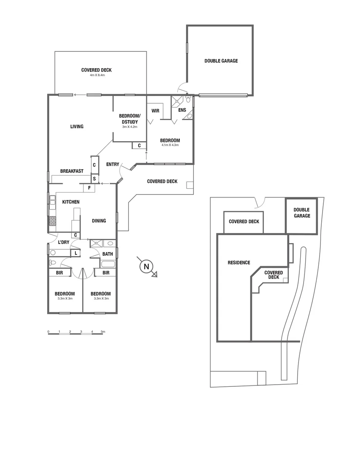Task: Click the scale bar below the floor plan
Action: [76, 334]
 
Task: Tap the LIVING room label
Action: [77, 126]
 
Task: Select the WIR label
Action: [155, 111]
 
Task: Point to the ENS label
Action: [182, 110]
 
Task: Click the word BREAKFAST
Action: [72, 171]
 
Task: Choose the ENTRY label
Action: [112, 164]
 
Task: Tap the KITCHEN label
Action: [71, 202]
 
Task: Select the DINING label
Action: [99, 221]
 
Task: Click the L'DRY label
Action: [64, 242]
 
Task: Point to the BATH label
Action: [107, 254]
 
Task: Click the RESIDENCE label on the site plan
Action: [239, 263]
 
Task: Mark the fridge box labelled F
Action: [89, 188]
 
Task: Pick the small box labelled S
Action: [94, 179]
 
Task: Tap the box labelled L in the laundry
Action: [76, 253]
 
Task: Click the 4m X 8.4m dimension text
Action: [97, 75]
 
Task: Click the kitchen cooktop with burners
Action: [53, 221]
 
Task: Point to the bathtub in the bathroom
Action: [108, 264]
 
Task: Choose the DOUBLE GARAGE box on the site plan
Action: [301, 216]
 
